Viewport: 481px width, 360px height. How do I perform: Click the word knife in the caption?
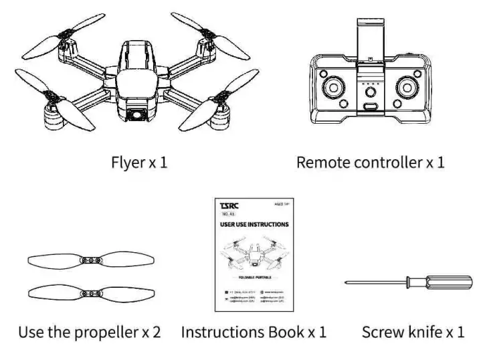click(426, 332)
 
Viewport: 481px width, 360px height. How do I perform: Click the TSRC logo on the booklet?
click(228, 205)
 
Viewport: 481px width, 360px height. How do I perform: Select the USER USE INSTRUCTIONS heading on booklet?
click(254, 224)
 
